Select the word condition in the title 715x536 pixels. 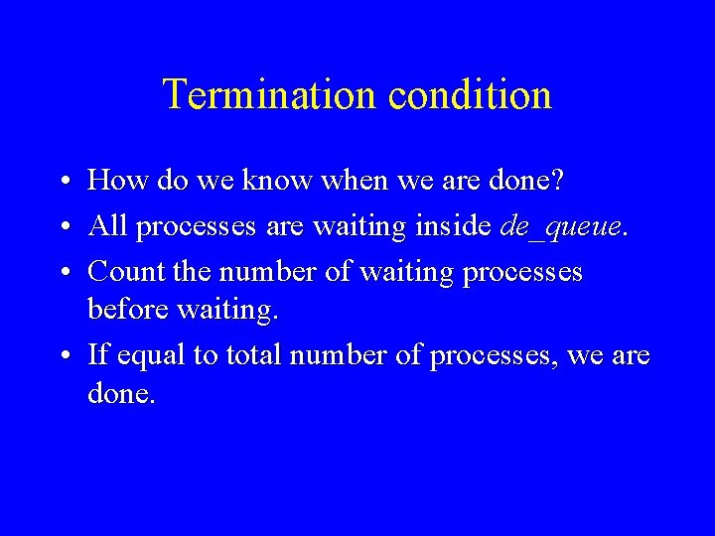pyautogui.click(x=470, y=95)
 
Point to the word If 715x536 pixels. pyautogui.click(x=98, y=354)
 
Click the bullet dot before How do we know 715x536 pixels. pyautogui.click(x=63, y=182)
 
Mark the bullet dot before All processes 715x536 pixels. pyautogui.click(x=63, y=227)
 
